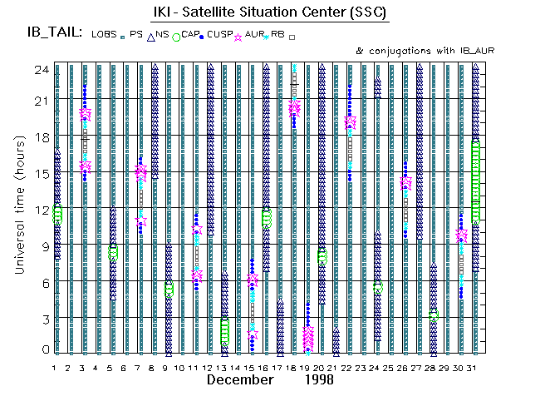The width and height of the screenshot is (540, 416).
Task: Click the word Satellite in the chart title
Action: (231, 13)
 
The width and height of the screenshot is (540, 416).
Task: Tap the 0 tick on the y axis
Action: (44, 349)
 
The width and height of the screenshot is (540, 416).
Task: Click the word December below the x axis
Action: (240, 379)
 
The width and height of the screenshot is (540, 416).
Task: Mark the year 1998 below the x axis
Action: (318, 379)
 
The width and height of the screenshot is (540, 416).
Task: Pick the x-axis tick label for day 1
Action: (55, 367)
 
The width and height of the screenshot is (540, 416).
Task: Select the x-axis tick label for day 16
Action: (265, 367)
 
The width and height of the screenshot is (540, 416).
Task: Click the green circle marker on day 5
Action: (113, 252)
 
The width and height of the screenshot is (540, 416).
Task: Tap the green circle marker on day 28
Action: (433, 316)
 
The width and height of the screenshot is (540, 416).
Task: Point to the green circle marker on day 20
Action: (322, 257)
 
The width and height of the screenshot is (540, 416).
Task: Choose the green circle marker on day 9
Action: (169, 289)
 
